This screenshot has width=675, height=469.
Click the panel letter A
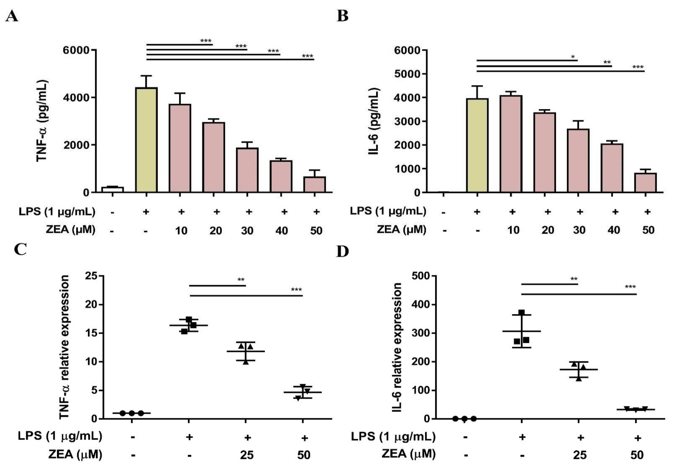(x=12, y=16)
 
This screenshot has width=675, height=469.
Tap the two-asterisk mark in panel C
(x=241, y=279)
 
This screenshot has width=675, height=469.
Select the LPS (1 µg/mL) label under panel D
(x=393, y=437)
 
